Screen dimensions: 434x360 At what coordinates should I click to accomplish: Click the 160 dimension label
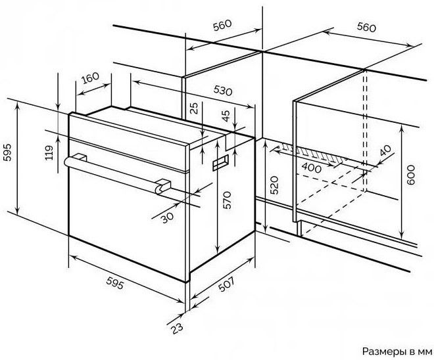(90, 78)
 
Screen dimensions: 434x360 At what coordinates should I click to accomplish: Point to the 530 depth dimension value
(223, 90)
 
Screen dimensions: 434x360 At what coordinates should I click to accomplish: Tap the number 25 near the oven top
(195, 108)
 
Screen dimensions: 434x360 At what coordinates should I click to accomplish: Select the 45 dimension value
(226, 116)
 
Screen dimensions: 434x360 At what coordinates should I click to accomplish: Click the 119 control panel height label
(49, 152)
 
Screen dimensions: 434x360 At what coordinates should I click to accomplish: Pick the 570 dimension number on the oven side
(227, 200)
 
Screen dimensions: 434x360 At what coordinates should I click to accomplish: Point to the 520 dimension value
(274, 185)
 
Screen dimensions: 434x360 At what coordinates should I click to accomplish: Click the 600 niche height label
(411, 175)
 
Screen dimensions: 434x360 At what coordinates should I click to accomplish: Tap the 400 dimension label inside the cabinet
(311, 168)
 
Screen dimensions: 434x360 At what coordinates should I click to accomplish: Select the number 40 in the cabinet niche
(385, 150)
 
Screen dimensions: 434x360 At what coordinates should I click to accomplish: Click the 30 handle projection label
(168, 217)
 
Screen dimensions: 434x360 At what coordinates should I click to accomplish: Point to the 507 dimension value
(226, 284)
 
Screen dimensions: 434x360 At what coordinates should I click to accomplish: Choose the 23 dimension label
(177, 328)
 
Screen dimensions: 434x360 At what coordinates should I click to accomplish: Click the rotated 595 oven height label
(7, 152)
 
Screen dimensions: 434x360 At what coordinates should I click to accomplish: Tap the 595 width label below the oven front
(114, 283)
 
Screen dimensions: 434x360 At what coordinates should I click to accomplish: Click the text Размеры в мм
(397, 351)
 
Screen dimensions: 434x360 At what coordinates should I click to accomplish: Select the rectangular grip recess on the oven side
(220, 162)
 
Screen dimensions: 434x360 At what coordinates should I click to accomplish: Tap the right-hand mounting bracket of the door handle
(163, 186)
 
